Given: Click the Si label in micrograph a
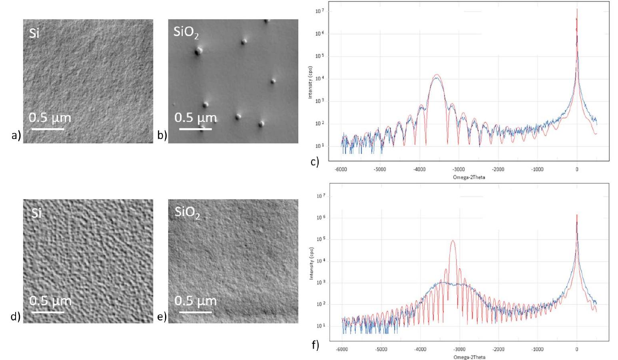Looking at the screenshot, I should pos(34,33).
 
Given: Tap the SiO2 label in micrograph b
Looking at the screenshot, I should pos(186,32).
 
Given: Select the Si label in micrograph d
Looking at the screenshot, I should pos(36,213).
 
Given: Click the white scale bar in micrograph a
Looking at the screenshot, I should pos(48,129).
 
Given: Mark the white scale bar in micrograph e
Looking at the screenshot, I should pos(195,312).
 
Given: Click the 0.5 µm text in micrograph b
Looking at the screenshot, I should pos(195,118).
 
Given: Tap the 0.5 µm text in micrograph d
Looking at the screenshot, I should pos(50,301).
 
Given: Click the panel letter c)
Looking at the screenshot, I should pos(315,162).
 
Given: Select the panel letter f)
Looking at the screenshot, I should pos(315,344).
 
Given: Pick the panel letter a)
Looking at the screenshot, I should pos(16,136).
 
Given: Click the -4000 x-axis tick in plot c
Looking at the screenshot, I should pos(419,169).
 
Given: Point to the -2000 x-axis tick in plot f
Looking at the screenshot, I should pos(498,349).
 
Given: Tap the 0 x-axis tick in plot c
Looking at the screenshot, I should pos(577,169).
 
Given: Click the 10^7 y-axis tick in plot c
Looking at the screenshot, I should pos(319,11).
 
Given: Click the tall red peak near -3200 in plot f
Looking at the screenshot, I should pos(453,241).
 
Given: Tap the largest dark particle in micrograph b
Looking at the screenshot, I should pos(198,51).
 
